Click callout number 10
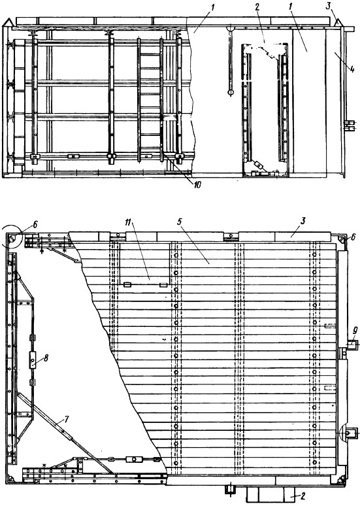click(197, 184)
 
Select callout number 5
click(180, 222)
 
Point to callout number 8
click(46, 358)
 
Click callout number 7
click(67, 419)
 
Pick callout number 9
click(355, 330)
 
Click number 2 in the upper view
click(257, 7)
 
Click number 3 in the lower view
click(303, 221)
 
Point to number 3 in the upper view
click(329, 6)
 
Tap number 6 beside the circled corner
click(35, 225)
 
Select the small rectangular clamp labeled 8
click(33, 360)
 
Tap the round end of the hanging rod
click(231, 93)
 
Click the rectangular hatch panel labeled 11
click(144, 263)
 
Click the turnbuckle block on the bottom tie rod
click(134, 459)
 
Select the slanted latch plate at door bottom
click(258, 165)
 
